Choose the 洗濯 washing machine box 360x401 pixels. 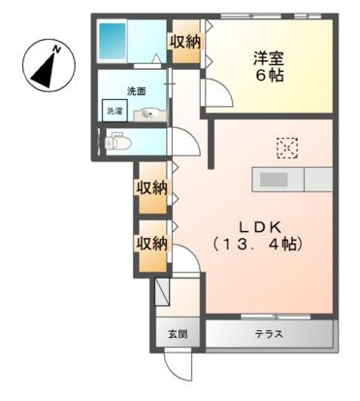(x=115, y=111)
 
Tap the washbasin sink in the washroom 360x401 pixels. (x=146, y=116)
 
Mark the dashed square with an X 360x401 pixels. (x=288, y=148)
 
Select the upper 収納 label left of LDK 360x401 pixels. (x=151, y=186)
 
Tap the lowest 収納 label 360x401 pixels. (x=151, y=242)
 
